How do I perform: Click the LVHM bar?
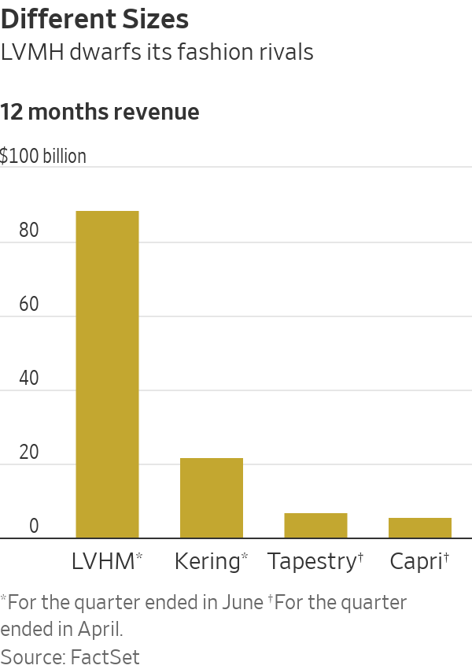[107, 375]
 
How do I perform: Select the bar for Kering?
[212, 498]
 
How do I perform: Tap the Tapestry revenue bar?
[315, 526]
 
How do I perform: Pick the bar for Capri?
[419, 528]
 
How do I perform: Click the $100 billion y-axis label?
[43, 156]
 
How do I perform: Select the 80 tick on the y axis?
[29, 231]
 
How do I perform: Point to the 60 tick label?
[29, 305]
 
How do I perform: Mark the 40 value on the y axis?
[29, 379]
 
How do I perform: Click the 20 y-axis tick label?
[29, 453]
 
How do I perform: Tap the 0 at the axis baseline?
[34, 527]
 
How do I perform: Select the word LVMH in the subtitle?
[31, 53]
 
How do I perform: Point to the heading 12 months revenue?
[100, 112]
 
